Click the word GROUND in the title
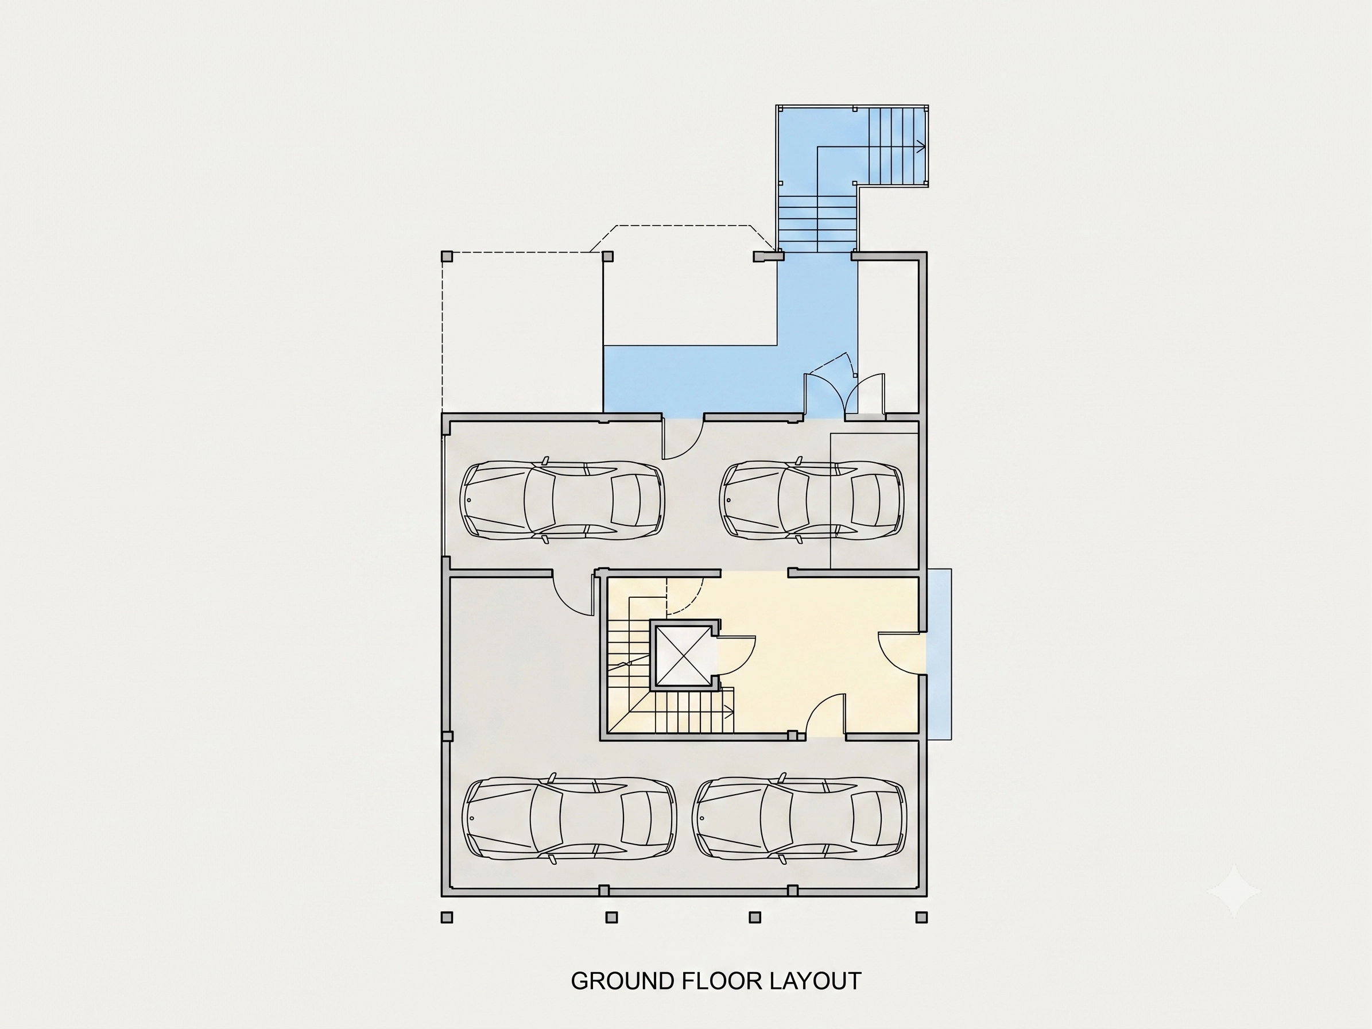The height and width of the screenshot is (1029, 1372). tap(623, 981)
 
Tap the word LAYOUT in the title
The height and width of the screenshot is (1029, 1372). tap(816, 981)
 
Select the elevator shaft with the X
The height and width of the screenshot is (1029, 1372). tap(685, 655)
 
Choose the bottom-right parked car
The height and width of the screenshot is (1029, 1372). tap(800, 818)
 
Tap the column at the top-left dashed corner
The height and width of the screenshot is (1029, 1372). tap(447, 256)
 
